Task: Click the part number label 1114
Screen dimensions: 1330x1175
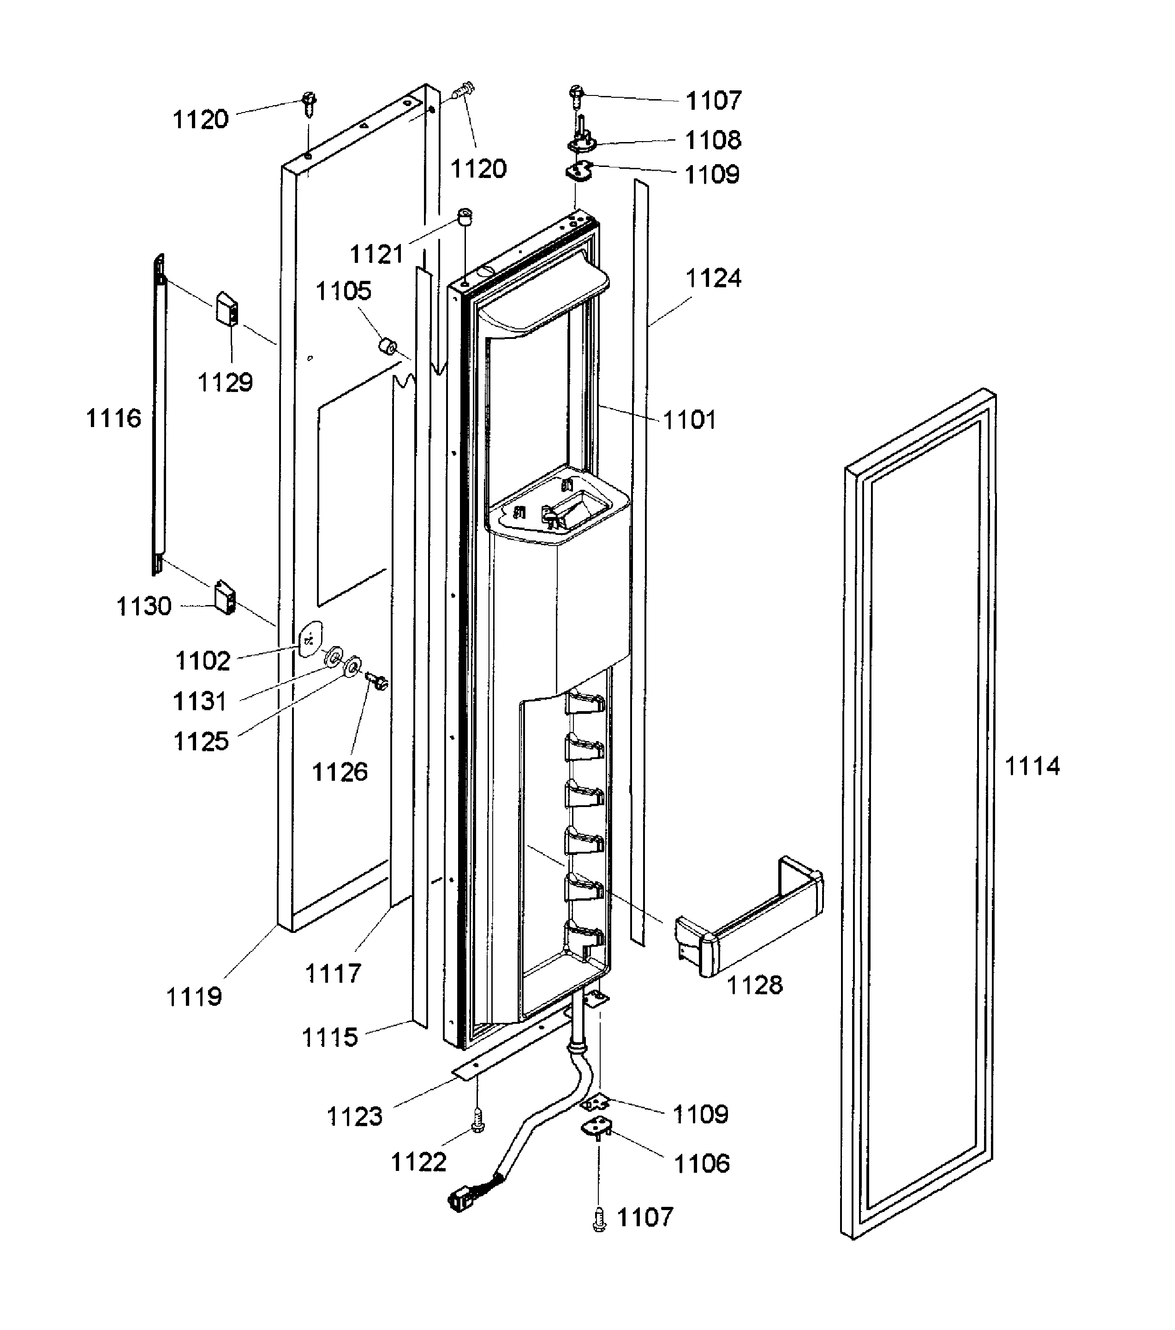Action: click(1032, 766)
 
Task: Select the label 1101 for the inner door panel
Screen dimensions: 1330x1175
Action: click(689, 420)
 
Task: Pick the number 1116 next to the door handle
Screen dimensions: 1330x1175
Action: click(113, 418)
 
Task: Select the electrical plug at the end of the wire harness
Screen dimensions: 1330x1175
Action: click(463, 1199)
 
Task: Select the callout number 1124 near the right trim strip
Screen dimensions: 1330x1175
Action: click(714, 279)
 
